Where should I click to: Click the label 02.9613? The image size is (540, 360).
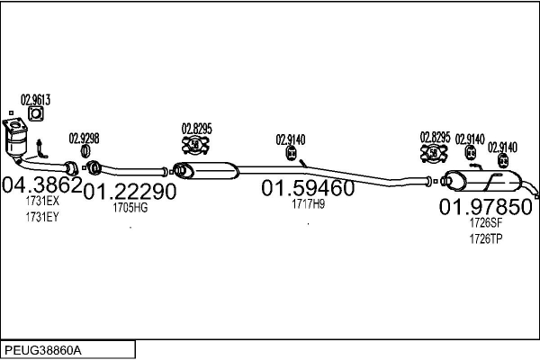(35, 100)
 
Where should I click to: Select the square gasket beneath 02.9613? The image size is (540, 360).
(35, 114)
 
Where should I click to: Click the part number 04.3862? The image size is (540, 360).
(42, 185)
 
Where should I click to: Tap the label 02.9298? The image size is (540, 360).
(84, 139)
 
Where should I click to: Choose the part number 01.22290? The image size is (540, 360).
(130, 191)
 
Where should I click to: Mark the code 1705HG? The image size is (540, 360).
(130, 207)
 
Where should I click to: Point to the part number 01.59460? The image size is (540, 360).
(308, 189)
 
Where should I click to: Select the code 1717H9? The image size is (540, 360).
(308, 204)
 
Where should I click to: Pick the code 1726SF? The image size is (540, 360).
(485, 223)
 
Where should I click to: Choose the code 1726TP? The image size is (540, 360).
(485, 238)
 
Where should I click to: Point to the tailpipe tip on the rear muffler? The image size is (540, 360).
(535, 195)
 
